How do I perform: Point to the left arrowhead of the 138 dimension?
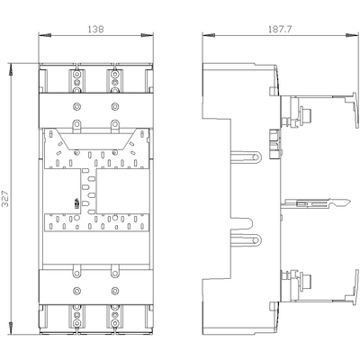tap(40, 38)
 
